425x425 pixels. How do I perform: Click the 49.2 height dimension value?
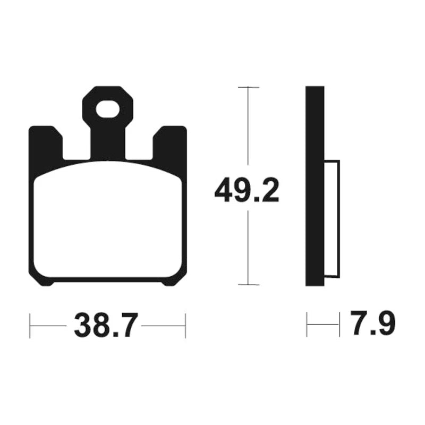246,190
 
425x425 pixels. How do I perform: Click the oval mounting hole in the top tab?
108,109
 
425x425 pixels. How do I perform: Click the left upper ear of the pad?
46,143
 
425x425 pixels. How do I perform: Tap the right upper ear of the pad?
170,143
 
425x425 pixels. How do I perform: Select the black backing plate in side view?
314,186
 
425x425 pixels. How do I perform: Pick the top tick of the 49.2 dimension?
249,87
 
